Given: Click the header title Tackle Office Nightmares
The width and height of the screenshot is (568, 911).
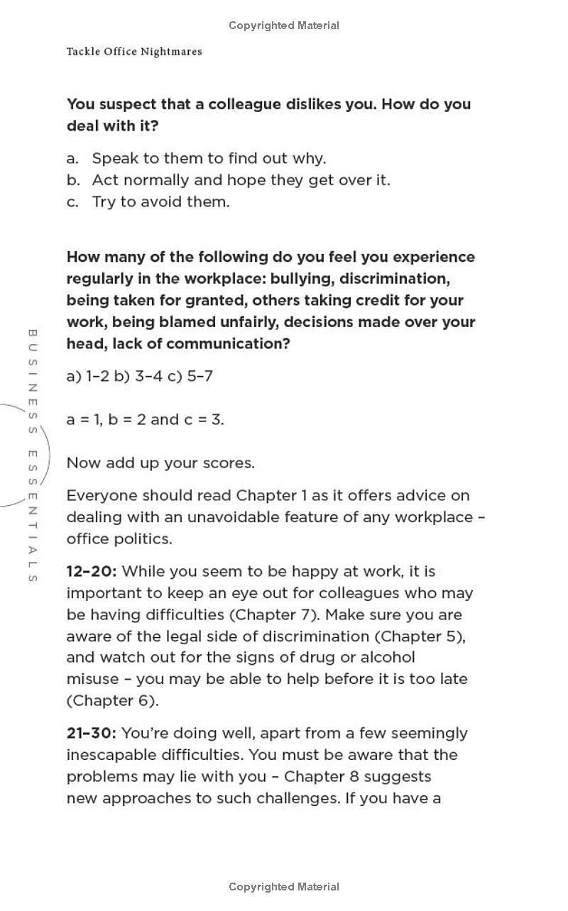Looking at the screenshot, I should click(x=134, y=52).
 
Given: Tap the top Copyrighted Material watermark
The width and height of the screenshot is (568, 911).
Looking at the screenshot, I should click(x=284, y=26).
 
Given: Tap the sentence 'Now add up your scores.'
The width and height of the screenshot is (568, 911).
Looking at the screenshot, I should click(x=160, y=463).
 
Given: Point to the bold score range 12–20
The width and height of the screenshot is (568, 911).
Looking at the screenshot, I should click(x=91, y=571).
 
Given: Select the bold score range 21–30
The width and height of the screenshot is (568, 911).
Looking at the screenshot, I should click(x=91, y=733).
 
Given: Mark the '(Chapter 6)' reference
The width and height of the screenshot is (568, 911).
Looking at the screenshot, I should click(x=112, y=701).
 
